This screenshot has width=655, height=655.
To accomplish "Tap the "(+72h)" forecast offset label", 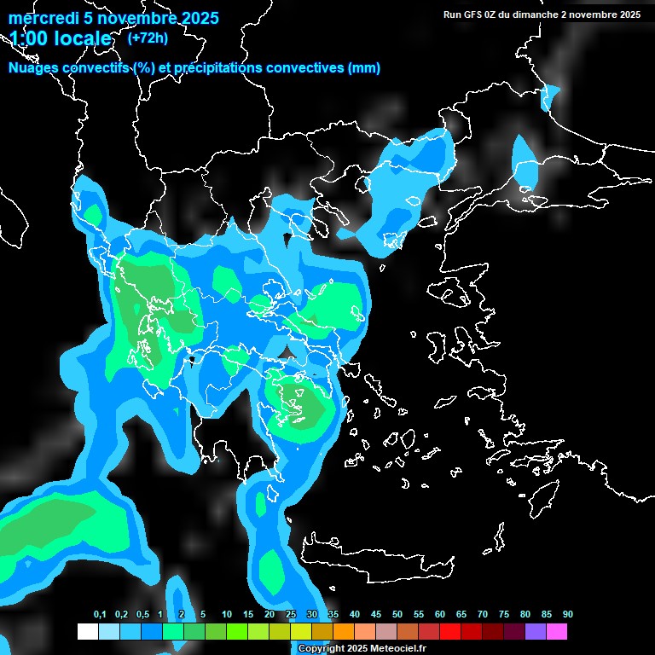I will [x=147, y=38].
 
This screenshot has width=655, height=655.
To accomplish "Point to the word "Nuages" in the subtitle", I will [x=35, y=68].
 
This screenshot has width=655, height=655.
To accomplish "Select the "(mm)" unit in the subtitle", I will [x=364, y=68].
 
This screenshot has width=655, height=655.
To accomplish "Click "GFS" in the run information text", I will [x=474, y=14].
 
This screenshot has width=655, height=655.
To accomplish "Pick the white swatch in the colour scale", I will [x=87, y=632].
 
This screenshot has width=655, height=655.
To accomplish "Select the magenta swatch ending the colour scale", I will [x=557, y=632].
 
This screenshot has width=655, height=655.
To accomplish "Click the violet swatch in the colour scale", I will [x=536, y=632].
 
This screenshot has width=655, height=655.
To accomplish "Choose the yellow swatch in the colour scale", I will [x=301, y=632].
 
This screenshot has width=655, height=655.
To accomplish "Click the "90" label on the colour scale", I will [x=568, y=615].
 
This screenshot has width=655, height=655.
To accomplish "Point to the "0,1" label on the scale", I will [x=100, y=615].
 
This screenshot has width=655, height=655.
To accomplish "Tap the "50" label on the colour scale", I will [x=397, y=615].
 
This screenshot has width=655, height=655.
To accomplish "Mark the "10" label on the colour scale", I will [x=227, y=615].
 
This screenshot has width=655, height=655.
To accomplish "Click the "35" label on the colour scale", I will [x=333, y=615].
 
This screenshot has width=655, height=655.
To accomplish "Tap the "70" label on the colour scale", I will [x=483, y=615].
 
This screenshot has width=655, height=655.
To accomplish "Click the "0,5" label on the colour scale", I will [x=142, y=615].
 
